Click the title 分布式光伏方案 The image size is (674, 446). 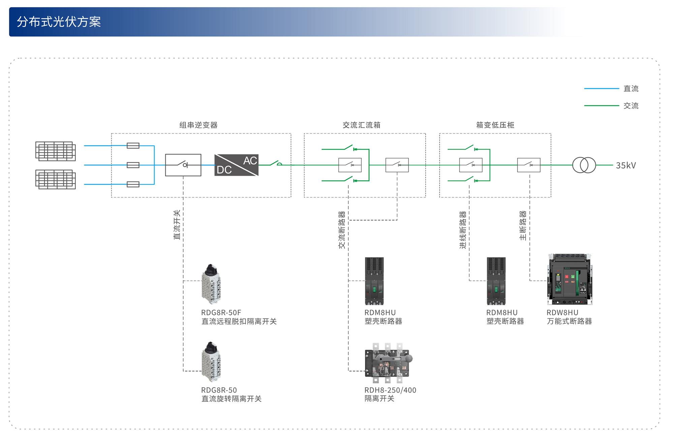pos(59,22)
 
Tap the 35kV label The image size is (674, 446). pos(626,165)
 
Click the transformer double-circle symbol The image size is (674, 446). pos(584,165)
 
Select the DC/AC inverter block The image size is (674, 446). pos(236,165)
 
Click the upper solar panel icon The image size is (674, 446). pos(56,151)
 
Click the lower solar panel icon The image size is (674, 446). pos(56,179)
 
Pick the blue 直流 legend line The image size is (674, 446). pos(602,89)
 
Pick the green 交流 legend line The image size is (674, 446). pos(602,106)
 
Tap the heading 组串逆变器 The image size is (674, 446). pos(198,125)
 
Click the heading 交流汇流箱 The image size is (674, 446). pos(362,125)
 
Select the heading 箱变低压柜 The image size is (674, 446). pos(495,125)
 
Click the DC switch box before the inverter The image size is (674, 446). pos(183,165)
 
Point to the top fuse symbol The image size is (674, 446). pos(133,145)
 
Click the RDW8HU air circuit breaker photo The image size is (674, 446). pos(570,279)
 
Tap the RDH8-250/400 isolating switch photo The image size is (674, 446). pos(388,363)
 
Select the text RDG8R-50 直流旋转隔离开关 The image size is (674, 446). pos(232,394)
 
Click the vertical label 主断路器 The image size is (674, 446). pos(523,226)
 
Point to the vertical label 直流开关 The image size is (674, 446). pos(177,225)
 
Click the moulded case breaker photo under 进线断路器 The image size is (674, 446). pos(496,281)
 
